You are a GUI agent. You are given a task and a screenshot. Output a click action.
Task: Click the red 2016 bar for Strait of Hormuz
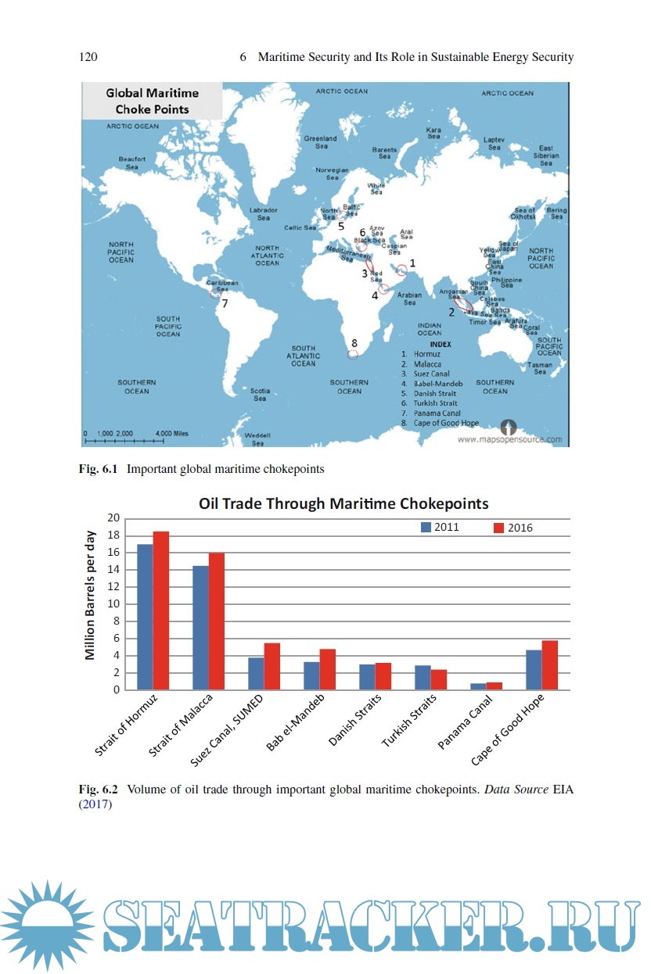click(161, 611)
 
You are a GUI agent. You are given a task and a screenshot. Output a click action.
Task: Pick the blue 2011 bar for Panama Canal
click(477, 686)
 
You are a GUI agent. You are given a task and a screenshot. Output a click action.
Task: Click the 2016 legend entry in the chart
click(513, 528)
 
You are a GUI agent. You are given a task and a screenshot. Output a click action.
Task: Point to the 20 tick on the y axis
click(113, 518)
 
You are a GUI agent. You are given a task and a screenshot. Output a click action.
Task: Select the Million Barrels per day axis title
click(91, 596)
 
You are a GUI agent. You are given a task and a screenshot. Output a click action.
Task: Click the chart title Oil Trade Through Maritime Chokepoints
click(343, 503)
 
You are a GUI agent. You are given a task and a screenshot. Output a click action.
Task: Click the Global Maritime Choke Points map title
click(153, 101)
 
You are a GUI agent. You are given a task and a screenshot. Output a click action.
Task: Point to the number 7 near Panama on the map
click(224, 303)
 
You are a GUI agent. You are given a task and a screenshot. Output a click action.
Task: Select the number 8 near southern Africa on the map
click(354, 343)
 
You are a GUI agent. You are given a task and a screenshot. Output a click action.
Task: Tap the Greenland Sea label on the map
click(321, 142)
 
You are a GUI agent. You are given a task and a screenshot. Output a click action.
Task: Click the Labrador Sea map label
click(263, 213)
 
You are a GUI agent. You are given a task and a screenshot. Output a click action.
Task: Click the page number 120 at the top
click(88, 57)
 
